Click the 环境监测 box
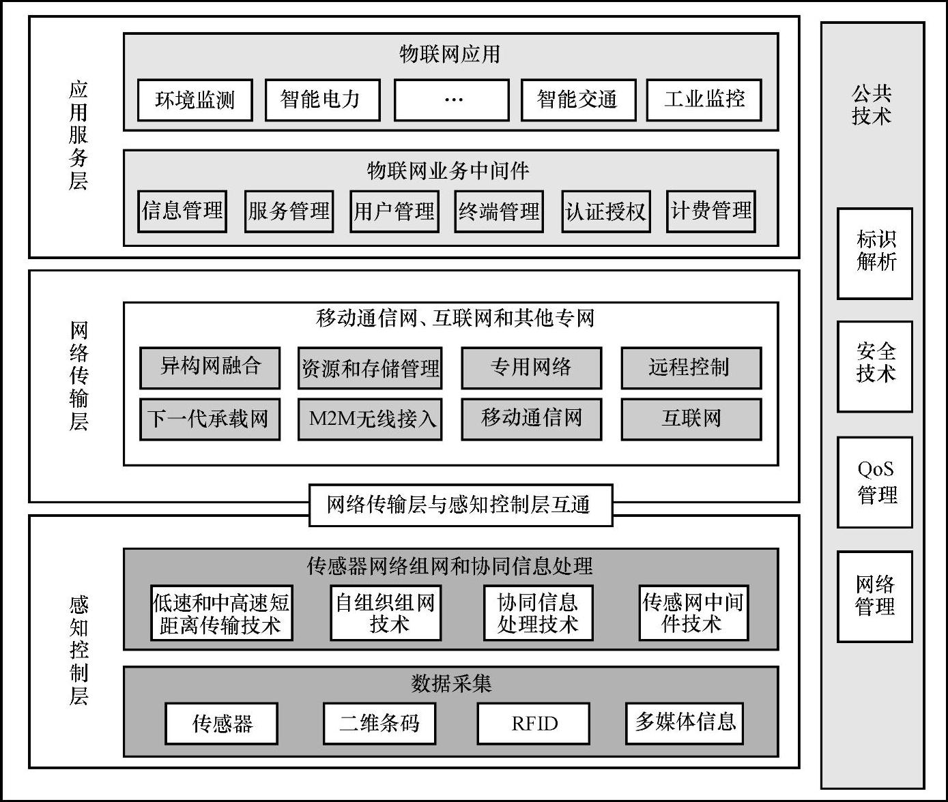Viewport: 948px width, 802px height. pyautogui.click(x=195, y=100)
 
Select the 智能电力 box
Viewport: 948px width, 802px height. pyautogui.click(x=321, y=100)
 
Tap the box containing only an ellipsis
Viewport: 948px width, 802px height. pyautogui.click(x=451, y=100)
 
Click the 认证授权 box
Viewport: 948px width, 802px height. pyautogui.click(x=605, y=211)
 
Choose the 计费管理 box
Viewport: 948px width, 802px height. pyautogui.click(x=710, y=211)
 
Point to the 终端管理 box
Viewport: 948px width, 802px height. pyautogui.click(x=499, y=211)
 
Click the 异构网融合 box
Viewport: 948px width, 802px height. pyautogui.click(x=210, y=368)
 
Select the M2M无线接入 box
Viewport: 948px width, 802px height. pyautogui.click(x=370, y=419)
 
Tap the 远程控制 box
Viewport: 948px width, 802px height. pyautogui.click(x=691, y=368)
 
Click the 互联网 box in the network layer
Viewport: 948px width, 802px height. pyautogui.click(x=691, y=419)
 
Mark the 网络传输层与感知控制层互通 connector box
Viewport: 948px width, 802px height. pyautogui.click(x=461, y=505)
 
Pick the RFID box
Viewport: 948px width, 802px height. pyautogui.click(x=533, y=724)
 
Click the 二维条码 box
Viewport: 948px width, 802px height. pyautogui.click(x=379, y=724)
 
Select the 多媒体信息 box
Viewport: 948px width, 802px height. pyautogui.click(x=684, y=724)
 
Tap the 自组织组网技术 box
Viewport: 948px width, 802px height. pyautogui.click(x=386, y=613)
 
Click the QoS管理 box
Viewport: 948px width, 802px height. pyautogui.click(x=874, y=482)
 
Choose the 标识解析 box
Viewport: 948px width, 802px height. pyautogui.click(x=874, y=253)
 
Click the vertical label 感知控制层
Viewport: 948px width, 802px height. pyautogui.click(x=78, y=650)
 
